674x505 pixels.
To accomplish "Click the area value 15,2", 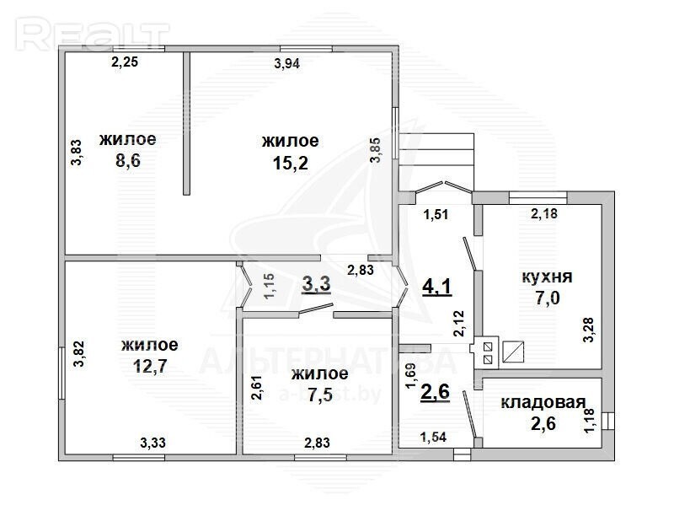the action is tap(291, 163).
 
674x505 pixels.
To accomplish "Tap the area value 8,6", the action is tap(128, 161).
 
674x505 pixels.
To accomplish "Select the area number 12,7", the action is tap(150, 367).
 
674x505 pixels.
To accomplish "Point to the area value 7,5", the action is tap(320, 395).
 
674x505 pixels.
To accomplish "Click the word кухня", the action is tap(547, 277).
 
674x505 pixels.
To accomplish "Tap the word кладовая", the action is tap(543, 403).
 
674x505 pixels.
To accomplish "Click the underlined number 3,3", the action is tap(317, 284).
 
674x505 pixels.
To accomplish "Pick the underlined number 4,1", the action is tap(437, 287).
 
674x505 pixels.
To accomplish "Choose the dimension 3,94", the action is tap(286, 64).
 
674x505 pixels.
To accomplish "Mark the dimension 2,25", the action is tap(125, 62).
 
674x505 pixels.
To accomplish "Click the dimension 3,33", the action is tap(153, 443).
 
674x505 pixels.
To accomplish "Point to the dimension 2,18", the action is tap(544, 213).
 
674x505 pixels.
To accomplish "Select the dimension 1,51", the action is tap(436, 214).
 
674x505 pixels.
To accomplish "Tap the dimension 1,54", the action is tap(433, 438).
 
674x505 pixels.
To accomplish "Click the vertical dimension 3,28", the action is tap(588, 330).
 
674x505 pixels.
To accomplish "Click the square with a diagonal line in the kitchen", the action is tap(514, 352).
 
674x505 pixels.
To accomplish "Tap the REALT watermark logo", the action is tap(93, 35).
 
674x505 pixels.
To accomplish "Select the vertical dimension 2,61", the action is tap(257, 387).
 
